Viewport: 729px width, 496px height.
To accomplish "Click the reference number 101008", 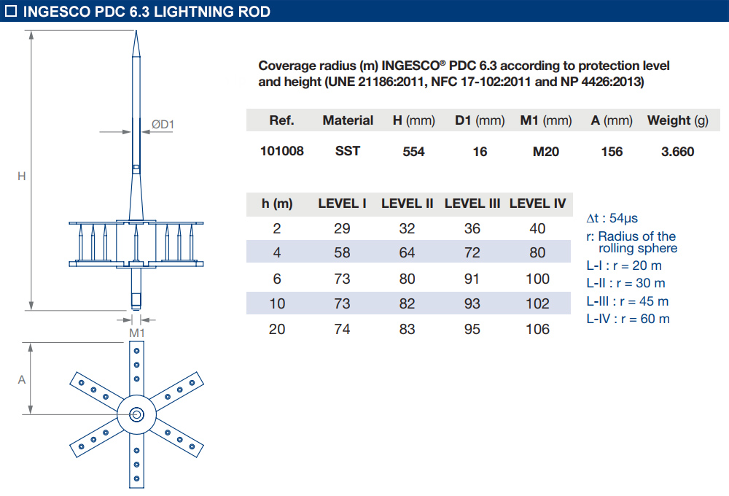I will point(281,152).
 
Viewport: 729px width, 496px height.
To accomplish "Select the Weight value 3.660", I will point(678,152).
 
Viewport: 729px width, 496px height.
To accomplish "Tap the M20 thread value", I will point(546,152).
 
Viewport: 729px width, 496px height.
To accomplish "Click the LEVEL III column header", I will point(472,204).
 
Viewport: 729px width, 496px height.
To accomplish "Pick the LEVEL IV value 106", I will point(537,329).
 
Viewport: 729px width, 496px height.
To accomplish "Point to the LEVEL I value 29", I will point(342,228).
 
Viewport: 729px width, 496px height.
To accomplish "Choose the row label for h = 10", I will point(277,303).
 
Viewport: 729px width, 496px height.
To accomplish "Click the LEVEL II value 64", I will point(407,253).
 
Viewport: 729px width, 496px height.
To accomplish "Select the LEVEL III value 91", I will point(472,279).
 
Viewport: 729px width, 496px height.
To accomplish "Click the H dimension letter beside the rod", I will point(22,176).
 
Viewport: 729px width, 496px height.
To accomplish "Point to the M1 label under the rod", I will point(137,333).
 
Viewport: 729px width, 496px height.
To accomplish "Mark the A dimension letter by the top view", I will point(22,379).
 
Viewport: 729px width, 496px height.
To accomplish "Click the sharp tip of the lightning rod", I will point(136,33).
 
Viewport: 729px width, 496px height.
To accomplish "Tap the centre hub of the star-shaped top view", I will point(136,415).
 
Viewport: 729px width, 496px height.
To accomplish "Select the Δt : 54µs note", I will point(612,218).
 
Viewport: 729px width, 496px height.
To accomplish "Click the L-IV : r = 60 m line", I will point(628,319).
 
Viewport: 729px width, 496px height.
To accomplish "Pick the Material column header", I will point(348,120).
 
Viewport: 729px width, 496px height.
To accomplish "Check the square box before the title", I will point(11,12).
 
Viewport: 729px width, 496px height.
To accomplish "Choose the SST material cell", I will point(348,152).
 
